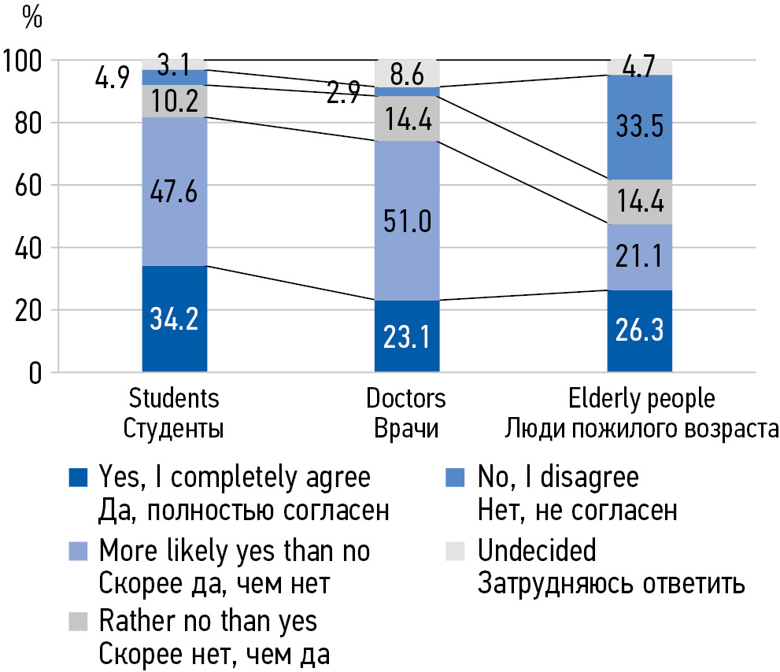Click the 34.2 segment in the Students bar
175,319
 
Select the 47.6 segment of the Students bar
175,192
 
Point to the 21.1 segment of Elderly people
639,257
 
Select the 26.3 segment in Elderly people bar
639,331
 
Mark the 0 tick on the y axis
35,372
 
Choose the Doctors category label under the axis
405,398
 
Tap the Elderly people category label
641,398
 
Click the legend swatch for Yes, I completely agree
78,478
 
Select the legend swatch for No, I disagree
457,478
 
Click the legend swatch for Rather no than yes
78,622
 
